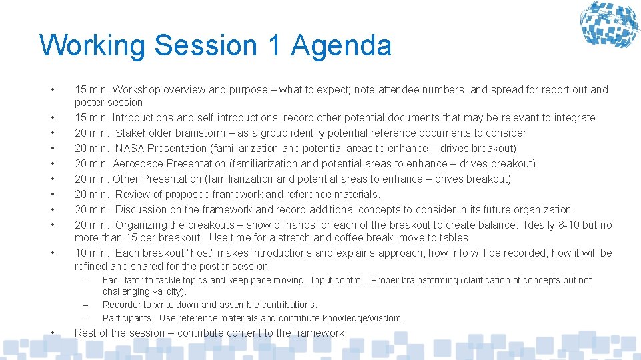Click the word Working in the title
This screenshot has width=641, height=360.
click(93, 46)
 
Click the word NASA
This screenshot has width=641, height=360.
click(130, 148)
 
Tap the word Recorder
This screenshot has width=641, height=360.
click(122, 305)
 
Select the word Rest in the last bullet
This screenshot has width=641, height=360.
click(85, 333)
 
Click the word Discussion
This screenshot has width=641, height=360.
click(141, 209)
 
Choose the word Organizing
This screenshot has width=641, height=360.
click(143, 225)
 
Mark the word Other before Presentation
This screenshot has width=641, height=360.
click(125, 179)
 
